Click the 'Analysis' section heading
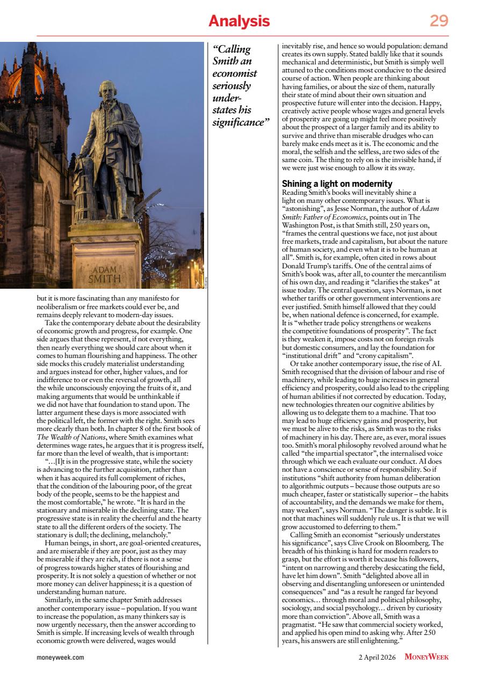(239, 21)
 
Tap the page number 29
(439, 21)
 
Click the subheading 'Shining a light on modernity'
(337, 184)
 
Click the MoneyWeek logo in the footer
(426, 657)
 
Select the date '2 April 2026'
(377, 657)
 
